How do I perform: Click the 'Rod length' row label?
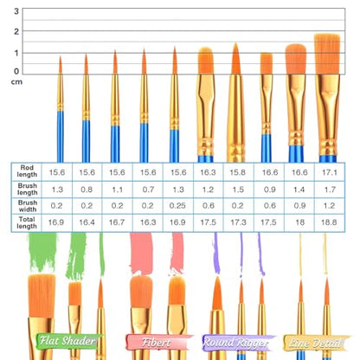27,171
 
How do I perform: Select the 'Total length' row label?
27,222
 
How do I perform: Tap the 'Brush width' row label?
28,206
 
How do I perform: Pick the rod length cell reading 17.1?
330,172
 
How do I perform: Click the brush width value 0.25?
177,206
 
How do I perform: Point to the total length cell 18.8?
329,222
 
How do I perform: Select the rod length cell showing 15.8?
237,172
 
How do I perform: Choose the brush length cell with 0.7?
148,190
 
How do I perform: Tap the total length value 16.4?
87,222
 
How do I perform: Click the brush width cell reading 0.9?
299,206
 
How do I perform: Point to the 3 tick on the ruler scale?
16,11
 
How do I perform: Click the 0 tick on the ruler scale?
16,71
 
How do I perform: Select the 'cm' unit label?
16,82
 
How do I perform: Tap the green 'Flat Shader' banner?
68,342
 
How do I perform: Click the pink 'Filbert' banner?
158,343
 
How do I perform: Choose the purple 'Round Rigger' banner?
237,343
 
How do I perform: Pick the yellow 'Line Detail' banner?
316,343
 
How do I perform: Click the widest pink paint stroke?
141,254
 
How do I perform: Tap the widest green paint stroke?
42,253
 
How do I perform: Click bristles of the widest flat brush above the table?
327,54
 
